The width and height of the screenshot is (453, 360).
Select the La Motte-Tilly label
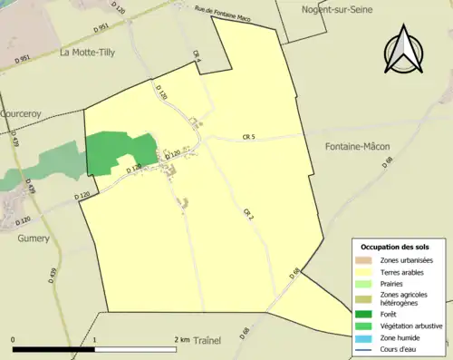point(94,53)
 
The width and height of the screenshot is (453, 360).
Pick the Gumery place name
point(34,238)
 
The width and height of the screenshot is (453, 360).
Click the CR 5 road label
point(249,137)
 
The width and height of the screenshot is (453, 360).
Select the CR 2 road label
point(246,214)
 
